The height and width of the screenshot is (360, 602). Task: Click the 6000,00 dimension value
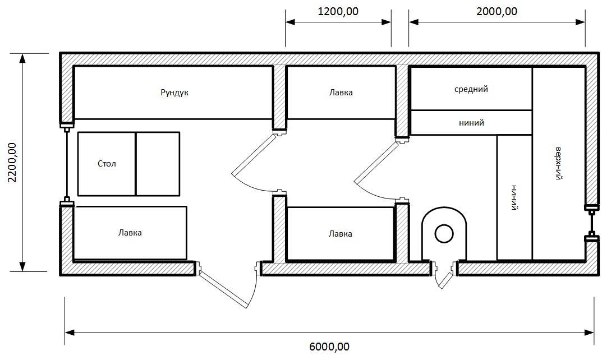coord(329,347)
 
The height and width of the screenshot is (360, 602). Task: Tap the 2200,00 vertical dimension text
coord(12,163)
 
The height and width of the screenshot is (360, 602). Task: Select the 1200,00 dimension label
coord(338,12)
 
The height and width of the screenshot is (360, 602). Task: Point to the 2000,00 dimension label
coord(497,12)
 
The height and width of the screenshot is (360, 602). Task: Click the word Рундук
coord(174,93)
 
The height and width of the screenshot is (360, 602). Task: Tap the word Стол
coord(107,164)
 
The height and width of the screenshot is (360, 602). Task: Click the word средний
coord(471,89)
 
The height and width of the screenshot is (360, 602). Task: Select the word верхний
coord(559,163)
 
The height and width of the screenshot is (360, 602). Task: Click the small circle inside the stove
coord(444,233)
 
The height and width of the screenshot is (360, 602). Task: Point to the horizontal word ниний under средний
coord(471,123)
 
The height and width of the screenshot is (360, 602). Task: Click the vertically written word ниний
coord(514,197)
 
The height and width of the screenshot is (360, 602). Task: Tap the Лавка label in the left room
coord(130,233)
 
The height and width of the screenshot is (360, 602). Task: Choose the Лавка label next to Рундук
coord(341,93)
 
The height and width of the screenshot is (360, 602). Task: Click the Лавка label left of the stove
coord(340,234)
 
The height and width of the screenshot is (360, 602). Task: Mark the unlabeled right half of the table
coord(158,164)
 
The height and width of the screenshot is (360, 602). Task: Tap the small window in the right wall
coord(592,223)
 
